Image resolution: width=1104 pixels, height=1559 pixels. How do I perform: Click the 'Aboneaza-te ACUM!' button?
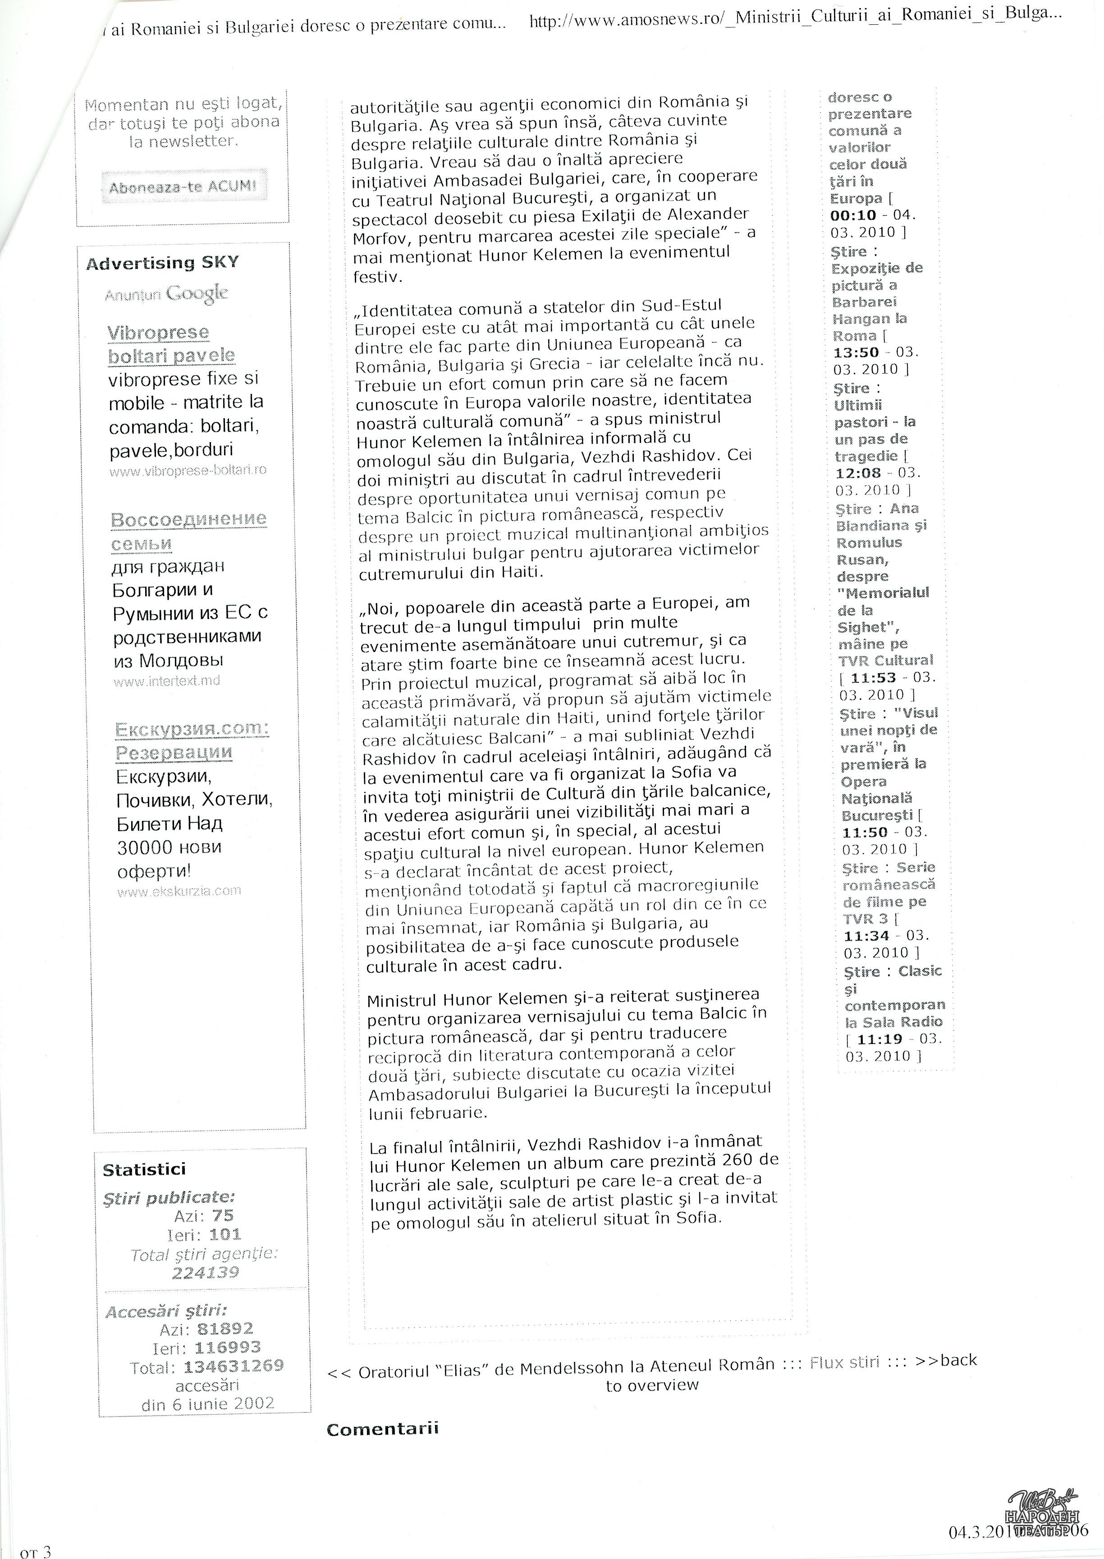[183, 187]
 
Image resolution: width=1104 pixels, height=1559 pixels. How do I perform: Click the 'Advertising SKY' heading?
[162, 263]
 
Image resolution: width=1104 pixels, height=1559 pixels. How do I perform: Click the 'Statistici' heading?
[144, 1169]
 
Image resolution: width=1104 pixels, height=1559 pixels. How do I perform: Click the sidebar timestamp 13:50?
[856, 353]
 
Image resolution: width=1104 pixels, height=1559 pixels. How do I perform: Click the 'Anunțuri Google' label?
[166, 294]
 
